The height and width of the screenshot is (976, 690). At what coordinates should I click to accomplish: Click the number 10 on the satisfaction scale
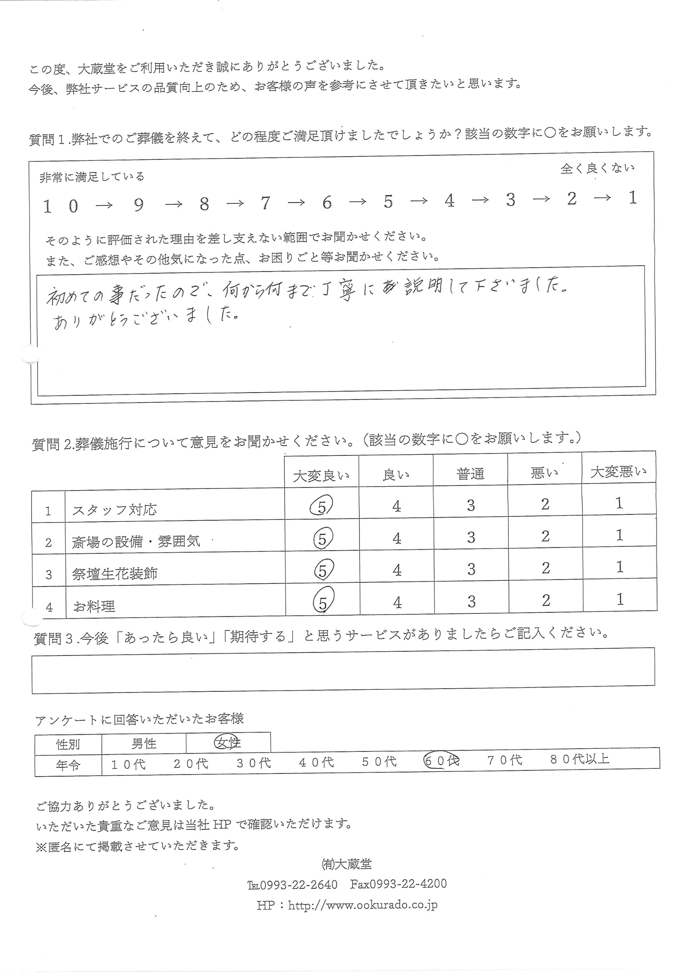61,207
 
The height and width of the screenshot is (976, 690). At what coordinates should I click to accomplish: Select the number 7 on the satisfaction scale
266,203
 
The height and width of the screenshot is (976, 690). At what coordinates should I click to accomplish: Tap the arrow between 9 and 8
173,205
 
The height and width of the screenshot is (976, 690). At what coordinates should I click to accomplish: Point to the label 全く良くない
597,168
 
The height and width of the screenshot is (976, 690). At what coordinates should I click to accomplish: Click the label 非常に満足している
92,177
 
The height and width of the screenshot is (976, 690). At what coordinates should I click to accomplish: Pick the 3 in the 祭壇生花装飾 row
471,569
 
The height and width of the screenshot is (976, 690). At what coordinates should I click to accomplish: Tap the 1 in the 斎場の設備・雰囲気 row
619,535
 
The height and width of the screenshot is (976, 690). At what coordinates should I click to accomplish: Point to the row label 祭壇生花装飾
115,574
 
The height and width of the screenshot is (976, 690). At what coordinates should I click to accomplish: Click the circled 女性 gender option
228,743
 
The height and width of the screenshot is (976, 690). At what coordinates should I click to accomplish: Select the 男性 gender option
144,743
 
